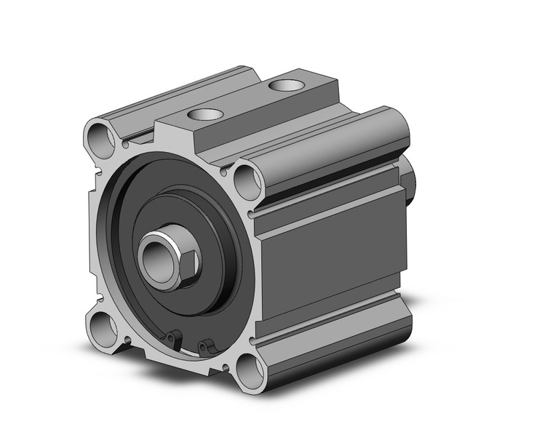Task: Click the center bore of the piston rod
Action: tap(156, 256)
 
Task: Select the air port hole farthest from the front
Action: tap(284, 86)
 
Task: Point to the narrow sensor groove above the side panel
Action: tap(327, 204)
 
